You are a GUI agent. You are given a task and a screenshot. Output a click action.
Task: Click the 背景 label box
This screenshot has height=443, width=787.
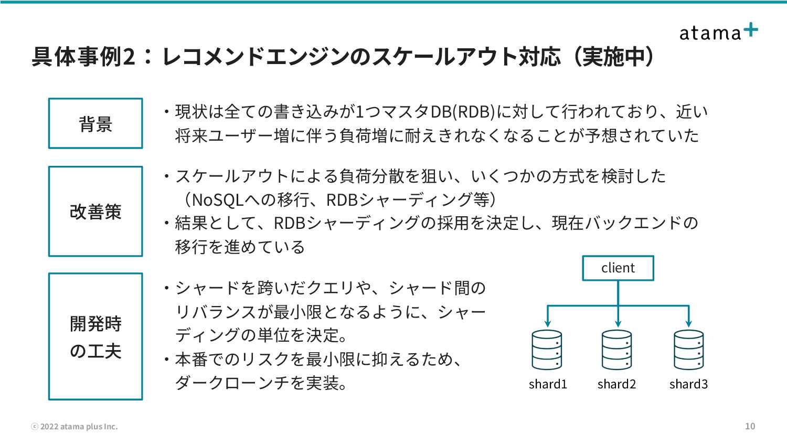click(95, 124)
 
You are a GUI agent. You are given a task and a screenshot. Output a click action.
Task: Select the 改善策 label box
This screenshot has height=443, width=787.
click(95, 212)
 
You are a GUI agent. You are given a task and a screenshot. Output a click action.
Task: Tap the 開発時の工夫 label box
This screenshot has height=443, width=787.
click(95, 336)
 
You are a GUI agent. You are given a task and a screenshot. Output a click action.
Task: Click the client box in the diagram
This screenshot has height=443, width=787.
click(618, 268)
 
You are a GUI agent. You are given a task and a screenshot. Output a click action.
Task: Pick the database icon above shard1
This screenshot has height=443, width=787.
click(547, 350)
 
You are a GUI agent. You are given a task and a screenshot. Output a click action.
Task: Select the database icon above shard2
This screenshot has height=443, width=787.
click(617, 350)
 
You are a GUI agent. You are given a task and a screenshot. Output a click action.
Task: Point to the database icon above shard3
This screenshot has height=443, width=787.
click(688, 350)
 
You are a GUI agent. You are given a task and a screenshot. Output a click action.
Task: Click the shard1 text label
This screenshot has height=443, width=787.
click(548, 384)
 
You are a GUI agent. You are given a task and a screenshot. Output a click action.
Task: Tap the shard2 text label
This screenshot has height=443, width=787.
click(616, 384)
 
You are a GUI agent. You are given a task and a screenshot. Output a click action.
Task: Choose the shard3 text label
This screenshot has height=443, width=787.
click(688, 384)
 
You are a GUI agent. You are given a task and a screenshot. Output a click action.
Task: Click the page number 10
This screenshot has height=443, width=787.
click(750, 426)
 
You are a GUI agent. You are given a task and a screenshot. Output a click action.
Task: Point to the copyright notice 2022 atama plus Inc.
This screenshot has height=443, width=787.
click(75, 427)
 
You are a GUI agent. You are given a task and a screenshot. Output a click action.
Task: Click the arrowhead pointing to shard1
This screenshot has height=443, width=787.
click(547, 323)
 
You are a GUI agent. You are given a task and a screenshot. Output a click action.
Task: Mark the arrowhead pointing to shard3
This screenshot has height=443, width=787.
click(688, 323)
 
